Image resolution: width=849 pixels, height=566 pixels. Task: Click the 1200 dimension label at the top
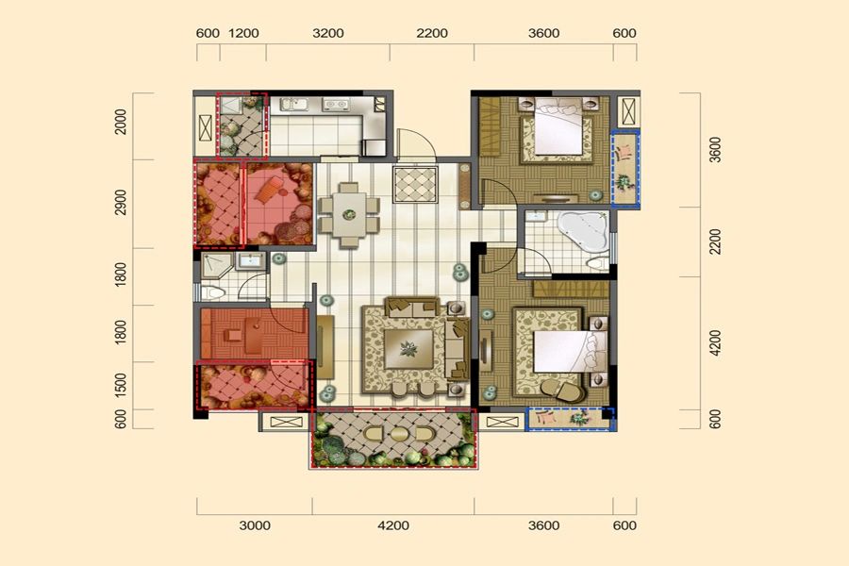(x=243, y=34)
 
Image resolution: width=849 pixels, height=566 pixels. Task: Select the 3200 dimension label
(x=328, y=34)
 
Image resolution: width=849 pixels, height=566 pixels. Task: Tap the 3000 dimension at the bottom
(x=255, y=525)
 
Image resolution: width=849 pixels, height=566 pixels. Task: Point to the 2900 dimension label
(x=121, y=202)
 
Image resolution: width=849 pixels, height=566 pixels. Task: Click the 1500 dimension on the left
(x=121, y=385)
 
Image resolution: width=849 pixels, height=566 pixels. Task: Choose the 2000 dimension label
(x=121, y=122)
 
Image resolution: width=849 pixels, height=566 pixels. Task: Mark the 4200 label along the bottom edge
(x=393, y=525)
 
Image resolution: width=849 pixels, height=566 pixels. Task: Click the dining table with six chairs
(x=349, y=215)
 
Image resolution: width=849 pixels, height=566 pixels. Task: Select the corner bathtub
(x=584, y=233)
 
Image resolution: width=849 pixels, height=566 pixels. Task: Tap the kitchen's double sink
(x=294, y=104)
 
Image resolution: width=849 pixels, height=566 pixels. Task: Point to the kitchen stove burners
(x=335, y=104)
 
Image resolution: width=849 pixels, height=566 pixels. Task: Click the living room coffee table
(x=408, y=349)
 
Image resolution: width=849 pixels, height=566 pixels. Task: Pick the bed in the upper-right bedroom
(x=558, y=126)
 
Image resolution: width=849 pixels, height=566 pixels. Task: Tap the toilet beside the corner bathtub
(x=598, y=264)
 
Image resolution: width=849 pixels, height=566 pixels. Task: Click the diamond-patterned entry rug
(x=415, y=185)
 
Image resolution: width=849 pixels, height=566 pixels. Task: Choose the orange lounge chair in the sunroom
(x=269, y=191)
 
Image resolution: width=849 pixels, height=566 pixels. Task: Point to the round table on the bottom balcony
(x=399, y=434)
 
